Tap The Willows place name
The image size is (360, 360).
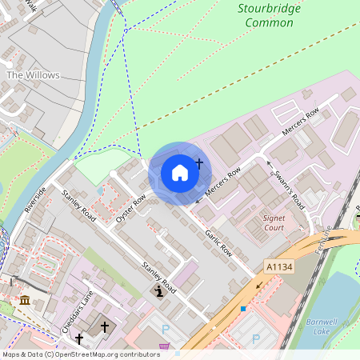click(x=33, y=75)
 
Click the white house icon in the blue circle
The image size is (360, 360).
click(x=180, y=172)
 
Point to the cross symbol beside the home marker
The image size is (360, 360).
click(x=199, y=163)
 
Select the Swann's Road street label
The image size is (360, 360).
click(x=285, y=186)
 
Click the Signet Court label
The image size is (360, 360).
click(x=274, y=222)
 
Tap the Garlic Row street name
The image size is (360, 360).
click(x=218, y=240)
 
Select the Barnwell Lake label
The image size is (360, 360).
click(x=323, y=326)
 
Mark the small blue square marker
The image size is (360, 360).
click(x=242, y=308)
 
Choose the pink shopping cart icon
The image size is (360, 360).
click(x=165, y=346)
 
